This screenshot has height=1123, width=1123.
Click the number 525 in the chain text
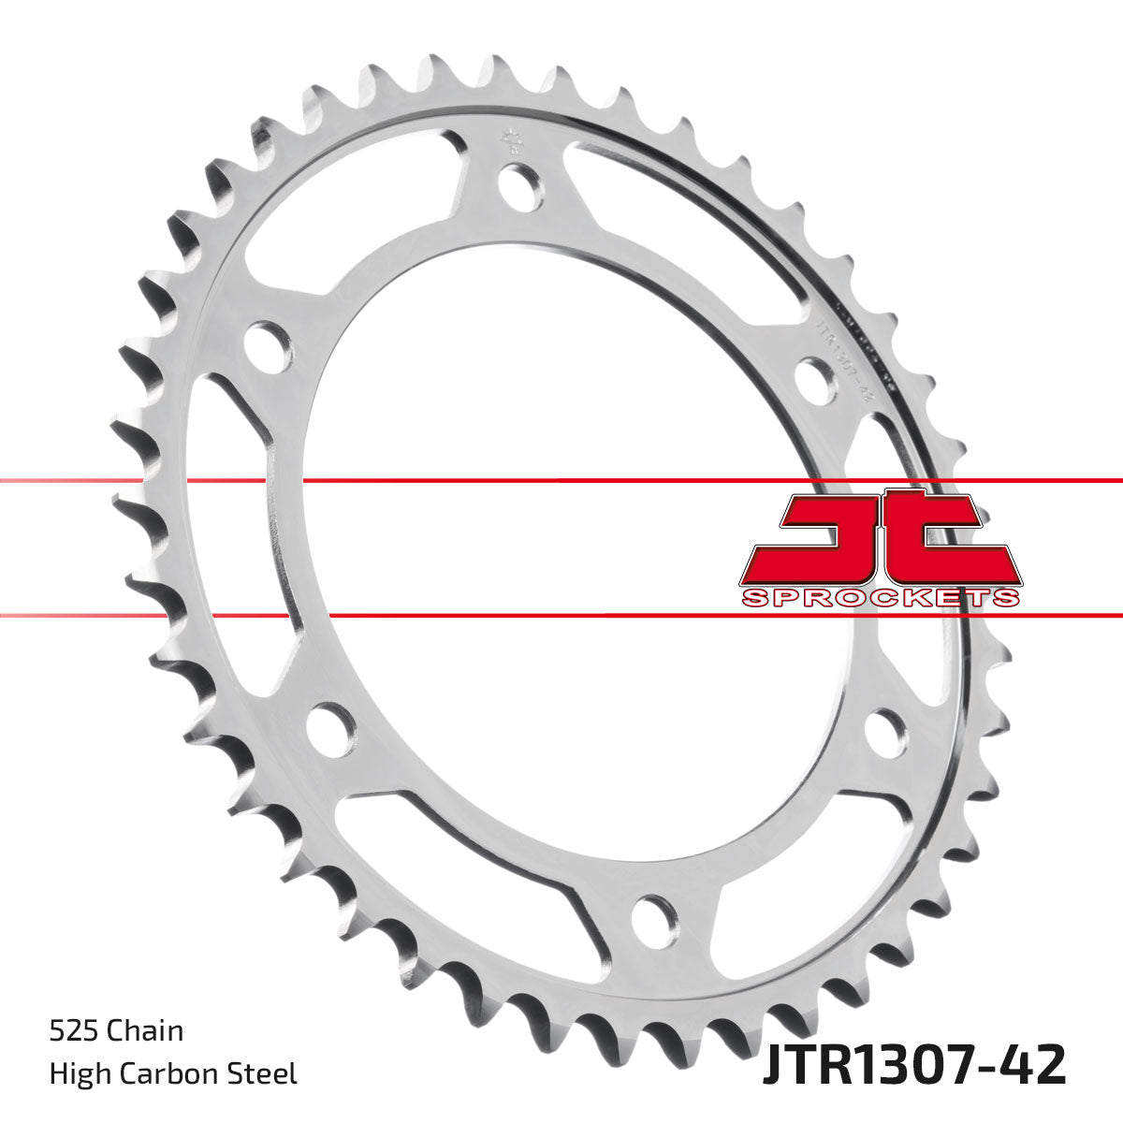[x=74, y=1031]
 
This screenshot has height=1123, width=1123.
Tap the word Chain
[x=145, y=1031]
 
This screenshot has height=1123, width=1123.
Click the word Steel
[x=267, y=1073]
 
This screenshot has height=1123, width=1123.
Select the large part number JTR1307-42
[x=914, y=1066]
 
